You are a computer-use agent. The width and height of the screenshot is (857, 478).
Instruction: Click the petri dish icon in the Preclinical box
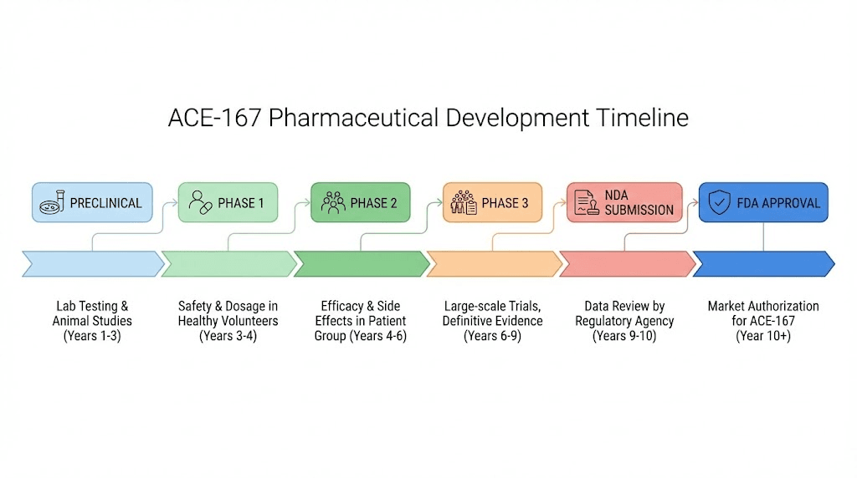[x=53, y=202]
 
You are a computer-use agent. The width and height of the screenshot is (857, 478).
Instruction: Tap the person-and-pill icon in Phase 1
[x=200, y=202]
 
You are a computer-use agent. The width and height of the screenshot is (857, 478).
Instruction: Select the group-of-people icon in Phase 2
[x=333, y=202]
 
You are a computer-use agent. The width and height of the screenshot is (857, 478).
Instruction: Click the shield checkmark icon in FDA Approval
[x=719, y=202]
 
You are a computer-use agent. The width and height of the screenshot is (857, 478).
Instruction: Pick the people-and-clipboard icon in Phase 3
[x=464, y=202]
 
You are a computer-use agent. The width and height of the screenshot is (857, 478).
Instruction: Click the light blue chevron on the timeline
[x=92, y=263]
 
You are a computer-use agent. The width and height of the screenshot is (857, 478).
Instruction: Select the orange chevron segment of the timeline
[x=494, y=263]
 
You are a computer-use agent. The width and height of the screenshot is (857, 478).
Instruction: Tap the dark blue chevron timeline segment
[x=762, y=263]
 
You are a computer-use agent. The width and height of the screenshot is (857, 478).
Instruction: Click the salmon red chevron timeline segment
[x=627, y=263]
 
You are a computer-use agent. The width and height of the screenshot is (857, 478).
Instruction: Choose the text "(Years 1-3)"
[x=92, y=336]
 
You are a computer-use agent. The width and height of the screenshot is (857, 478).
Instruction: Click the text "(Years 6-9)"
[x=493, y=336]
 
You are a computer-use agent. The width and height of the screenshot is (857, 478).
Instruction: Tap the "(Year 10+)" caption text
[x=763, y=336]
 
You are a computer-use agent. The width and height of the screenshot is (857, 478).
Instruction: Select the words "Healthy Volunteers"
[x=228, y=321]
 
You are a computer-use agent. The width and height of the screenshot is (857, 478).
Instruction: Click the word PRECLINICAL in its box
[x=105, y=203]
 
